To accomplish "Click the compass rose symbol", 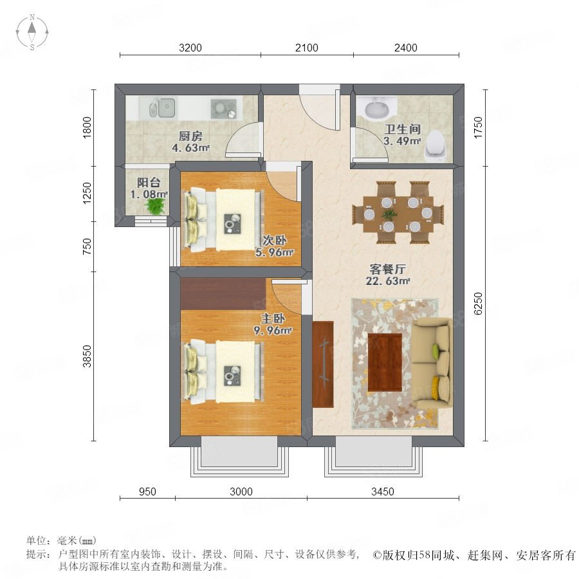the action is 32,32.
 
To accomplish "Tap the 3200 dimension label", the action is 190,48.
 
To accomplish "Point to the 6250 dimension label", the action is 478,303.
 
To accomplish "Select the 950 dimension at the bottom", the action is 147,492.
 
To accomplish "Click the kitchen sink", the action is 162,108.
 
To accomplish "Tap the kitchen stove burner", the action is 223,109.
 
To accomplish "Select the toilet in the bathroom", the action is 437,146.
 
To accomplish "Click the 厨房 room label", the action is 190,136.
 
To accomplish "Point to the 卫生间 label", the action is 402,129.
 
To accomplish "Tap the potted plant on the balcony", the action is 156,206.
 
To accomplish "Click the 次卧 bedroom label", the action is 274,241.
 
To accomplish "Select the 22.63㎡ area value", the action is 388,281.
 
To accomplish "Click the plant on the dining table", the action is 389,214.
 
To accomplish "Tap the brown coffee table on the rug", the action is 385,362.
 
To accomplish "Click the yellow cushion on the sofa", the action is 436,387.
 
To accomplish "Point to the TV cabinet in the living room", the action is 323,365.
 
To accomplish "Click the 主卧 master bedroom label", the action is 273,318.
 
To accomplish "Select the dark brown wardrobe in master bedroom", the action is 223,293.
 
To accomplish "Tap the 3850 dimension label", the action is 87,356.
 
